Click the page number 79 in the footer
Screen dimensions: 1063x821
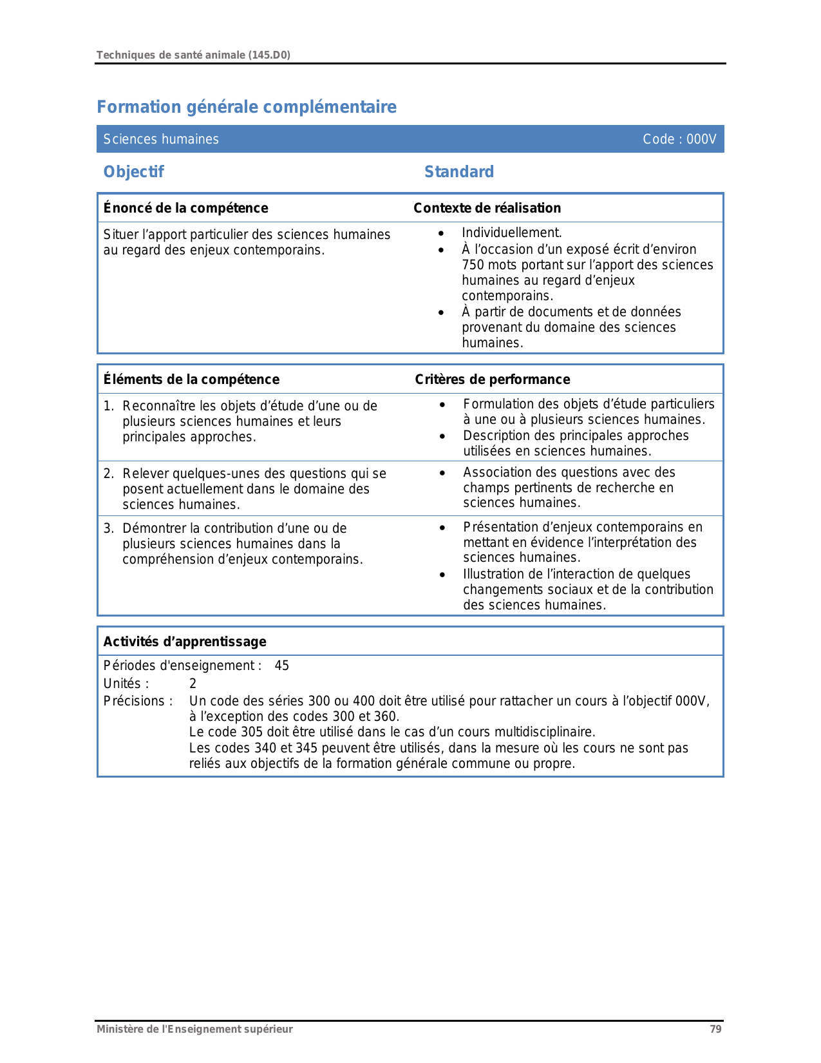pyautogui.click(x=715, y=1029)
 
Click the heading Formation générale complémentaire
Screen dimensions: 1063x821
pyautogui.click(x=247, y=107)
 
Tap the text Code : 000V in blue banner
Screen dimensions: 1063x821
pyautogui.click(x=679, y=139)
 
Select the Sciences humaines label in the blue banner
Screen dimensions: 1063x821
pyautogui.click(x=161, y=139)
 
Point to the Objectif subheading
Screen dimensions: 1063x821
pyautogui.click(x=133, y=172)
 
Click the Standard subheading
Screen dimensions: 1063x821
pyautogui.click(x=459, y=172)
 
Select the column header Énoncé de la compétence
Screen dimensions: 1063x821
pyautogui.click(x=185, y=208)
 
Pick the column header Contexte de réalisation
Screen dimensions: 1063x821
pyautogui.click(x=487, y=208)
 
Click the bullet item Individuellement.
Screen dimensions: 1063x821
pyautogui.click(x=512, y=233)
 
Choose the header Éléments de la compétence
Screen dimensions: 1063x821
pyautogui.click(x=191, y=379)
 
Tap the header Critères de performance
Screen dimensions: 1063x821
pyautogui.click(x=493, y=379)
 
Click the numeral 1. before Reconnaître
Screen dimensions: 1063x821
pyautogui.click(x=109, y=406)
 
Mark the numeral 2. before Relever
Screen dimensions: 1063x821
pyautogui.click(x=109, y=474)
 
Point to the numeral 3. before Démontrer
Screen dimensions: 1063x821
pyautogui.click(x=109, y=528)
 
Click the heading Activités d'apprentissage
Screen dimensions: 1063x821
pyautogui.click(x=185, y=642)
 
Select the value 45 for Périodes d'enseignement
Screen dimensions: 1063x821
pyautogui.click(x=282, y=666)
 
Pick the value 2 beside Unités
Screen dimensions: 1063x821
pyautogui.click(x=193, y=684)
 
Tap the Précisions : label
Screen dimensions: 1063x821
pyautogui.click(x=138, y=701)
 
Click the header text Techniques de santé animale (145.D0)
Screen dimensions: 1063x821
pyautogui.click(x=193, y=55)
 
